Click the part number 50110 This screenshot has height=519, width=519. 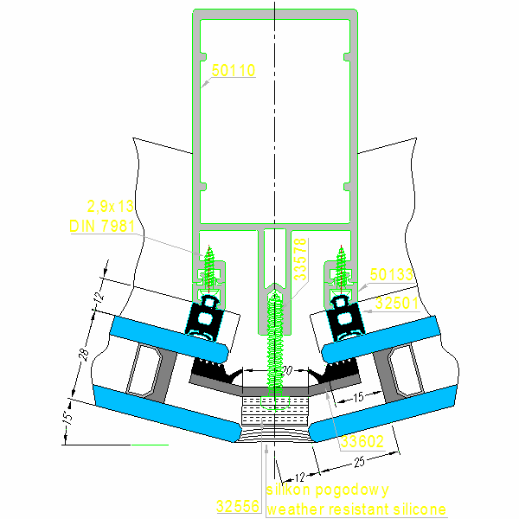click(x=234, y=71)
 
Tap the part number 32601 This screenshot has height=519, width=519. click(x=396, y=303)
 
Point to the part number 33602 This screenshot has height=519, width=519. click(x=362, y=442)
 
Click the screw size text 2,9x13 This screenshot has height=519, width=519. click(x=111, y=206)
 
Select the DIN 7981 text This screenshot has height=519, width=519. click(x=101, y=226)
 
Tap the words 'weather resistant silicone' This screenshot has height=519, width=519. click(x=357, y=509)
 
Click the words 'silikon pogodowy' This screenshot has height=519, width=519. click(x=328, y=490)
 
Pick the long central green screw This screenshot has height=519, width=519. click(x=276, y=346)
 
